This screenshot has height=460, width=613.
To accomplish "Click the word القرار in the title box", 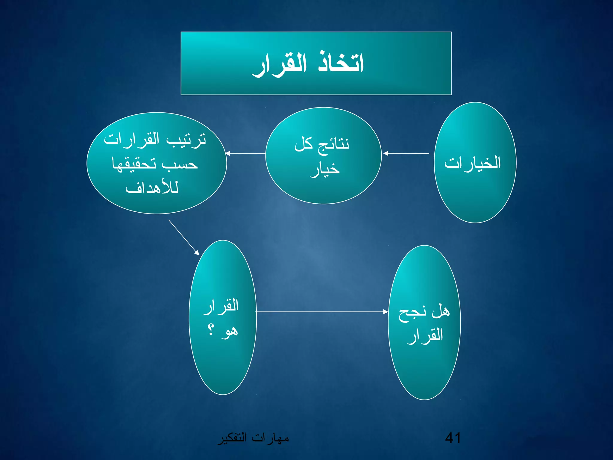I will (x=280, y=65).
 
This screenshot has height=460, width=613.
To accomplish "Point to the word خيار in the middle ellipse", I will (x=325, y=169).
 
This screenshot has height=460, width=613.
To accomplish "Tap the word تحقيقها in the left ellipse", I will (x=134, y=164).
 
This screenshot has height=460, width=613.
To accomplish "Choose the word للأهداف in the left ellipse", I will (x=152, y=188).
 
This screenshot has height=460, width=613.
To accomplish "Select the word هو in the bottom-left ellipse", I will (x=230, y=331).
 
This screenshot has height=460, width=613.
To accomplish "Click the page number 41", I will (x=453, y=438).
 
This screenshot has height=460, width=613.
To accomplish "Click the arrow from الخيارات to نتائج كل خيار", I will (x=406, y=153).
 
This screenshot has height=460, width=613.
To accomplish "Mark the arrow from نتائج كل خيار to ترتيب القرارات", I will (x=245, y=153).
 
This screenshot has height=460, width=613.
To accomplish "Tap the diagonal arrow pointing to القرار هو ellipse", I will (x=184, y=237).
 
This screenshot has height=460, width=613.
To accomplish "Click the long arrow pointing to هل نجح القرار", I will (x=322, y=312).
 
